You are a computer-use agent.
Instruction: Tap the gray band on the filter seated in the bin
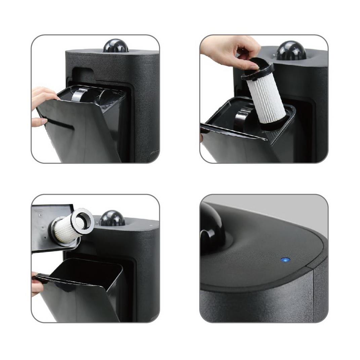pos(80,96)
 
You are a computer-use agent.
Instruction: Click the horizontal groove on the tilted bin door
pos(61,125)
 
